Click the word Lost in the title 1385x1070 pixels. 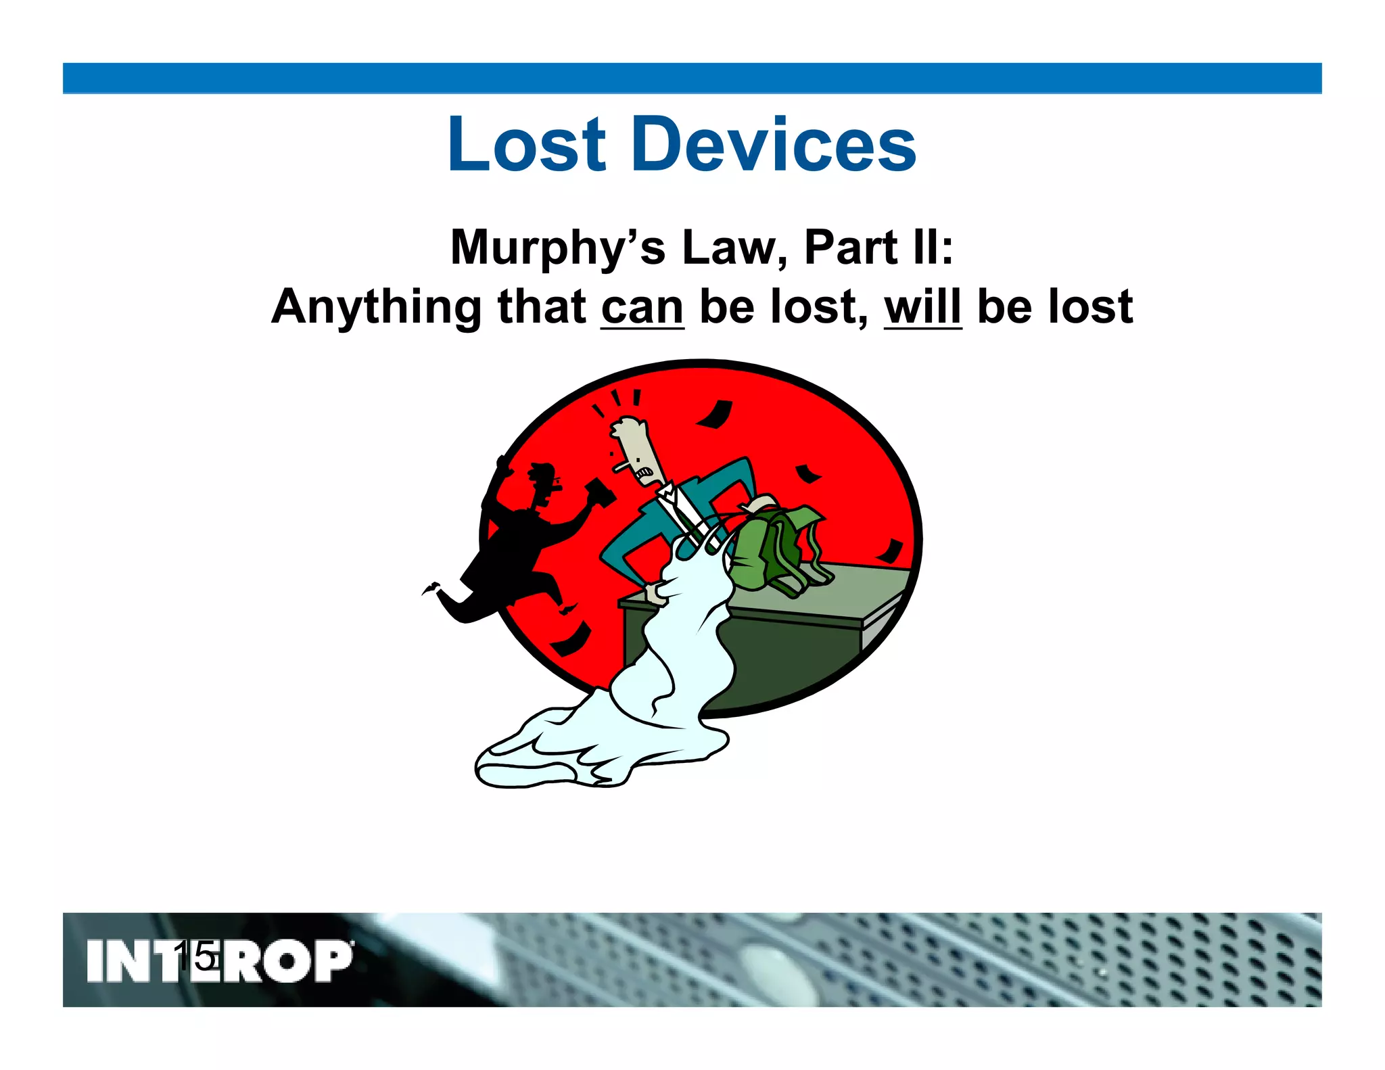pos(526,145)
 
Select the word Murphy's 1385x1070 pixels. pos(558,248)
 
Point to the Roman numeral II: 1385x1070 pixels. pos(933,248)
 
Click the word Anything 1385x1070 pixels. pos(376,307)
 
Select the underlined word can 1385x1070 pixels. pos(642,308)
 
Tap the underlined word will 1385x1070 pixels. pos(922,307)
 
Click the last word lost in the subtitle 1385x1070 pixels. pos(1090,307)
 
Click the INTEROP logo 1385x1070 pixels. pos(220,960)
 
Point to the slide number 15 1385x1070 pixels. pos(196,957)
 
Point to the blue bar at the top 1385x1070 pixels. pos(692,78)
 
